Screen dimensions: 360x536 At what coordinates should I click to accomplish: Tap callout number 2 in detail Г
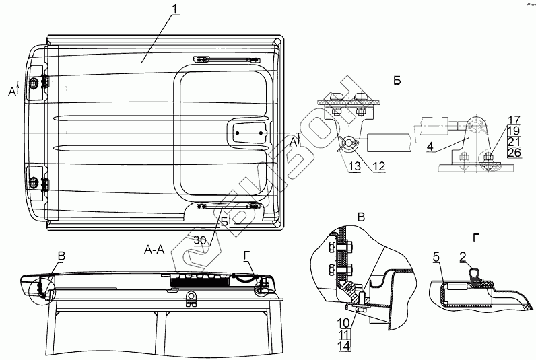463,256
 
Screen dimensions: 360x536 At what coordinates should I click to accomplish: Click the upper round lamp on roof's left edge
34,83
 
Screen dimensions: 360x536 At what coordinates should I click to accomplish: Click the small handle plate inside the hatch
249,133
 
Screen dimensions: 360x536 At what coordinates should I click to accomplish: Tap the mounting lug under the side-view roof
192,297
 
